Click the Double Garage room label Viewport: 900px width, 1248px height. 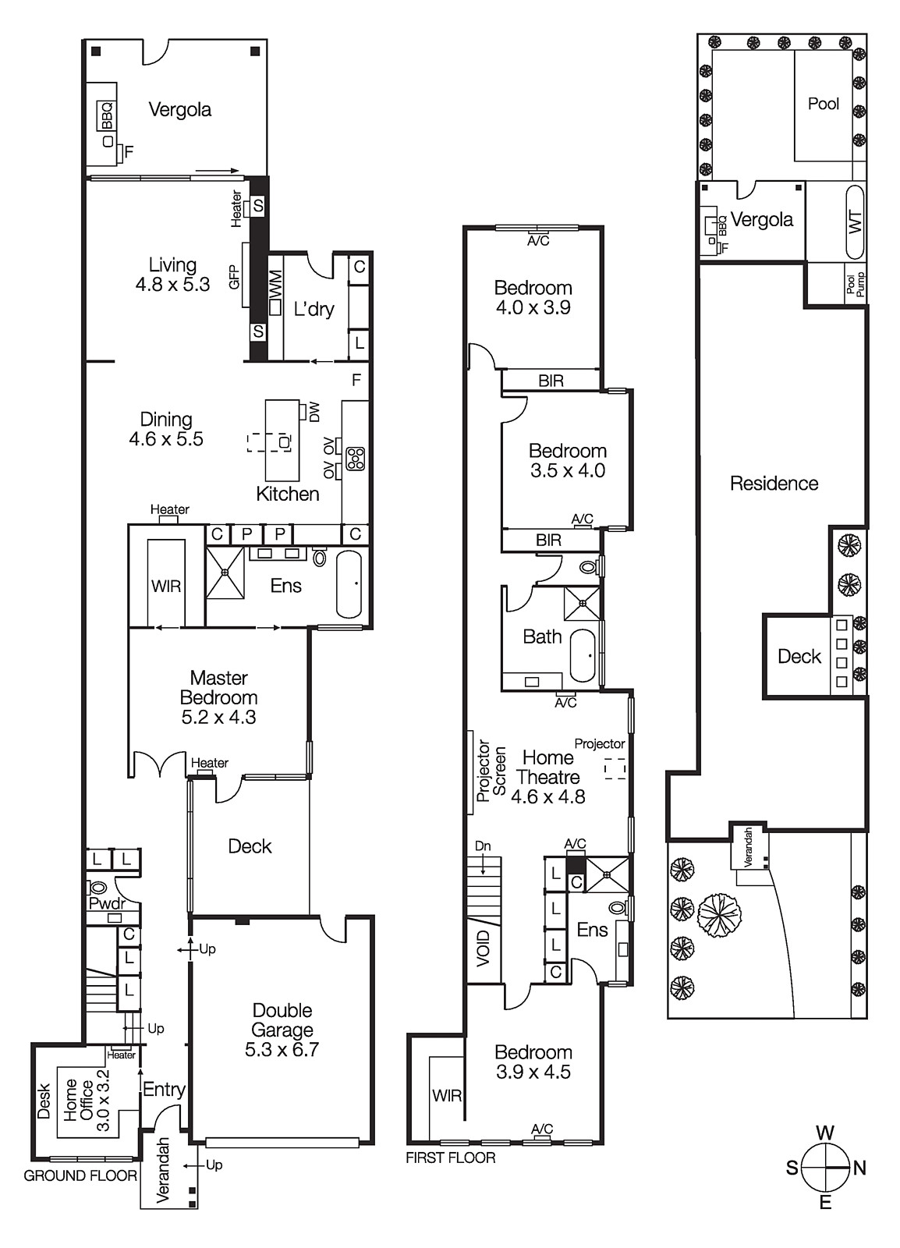click(282, 1030)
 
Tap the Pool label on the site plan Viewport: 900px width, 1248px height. click(823, 104)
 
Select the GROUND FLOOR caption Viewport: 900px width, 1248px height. click(80, 1175)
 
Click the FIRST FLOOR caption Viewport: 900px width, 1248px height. click(450, 1158)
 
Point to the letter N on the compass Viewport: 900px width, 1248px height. click(859, 1168)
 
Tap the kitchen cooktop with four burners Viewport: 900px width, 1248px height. click(355, 458)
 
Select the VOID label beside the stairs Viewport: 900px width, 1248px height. click(484, 948)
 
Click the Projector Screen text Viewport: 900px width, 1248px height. click(491, 771)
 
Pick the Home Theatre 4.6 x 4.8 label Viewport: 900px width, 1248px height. click(548, 777)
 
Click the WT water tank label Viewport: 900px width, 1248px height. click(856, 222)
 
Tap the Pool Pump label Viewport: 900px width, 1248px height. click(856, 284)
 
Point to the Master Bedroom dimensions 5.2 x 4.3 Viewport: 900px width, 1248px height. click(218, 718)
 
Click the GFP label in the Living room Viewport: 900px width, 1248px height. click(234, 277)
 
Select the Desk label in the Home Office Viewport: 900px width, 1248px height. click(44, 1101)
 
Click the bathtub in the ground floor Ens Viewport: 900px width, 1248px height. click(349, 584)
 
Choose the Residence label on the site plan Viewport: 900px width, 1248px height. click(774, 484)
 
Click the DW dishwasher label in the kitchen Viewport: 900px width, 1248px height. click(314, 412)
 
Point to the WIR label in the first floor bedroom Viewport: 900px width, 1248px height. click(446, 1096)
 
